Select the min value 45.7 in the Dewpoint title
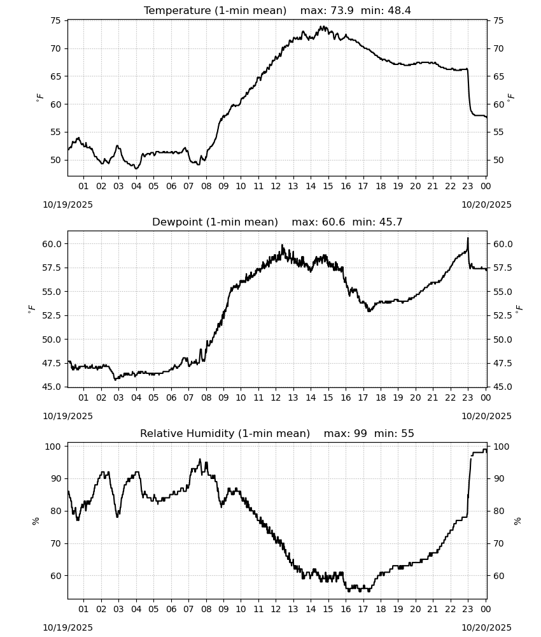(x=391, y=222)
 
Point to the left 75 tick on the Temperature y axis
(x=55, y=21)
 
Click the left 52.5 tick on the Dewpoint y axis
(x=52, y=315)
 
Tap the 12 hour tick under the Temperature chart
(x=276, y=186)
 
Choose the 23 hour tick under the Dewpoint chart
(x=468, y=397)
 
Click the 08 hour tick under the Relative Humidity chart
(x=206, y=609)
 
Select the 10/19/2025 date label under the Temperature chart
(x=67, y=204)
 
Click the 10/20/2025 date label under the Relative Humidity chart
(x=487, y=627)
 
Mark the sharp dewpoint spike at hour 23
(x=468, y=238)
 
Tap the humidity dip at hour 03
(x=118, y=517)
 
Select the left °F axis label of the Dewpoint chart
(x=31, y=310)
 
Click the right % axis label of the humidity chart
(x=517, y=521)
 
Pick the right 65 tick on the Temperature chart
(x=498, y=76)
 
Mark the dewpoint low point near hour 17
(x=369, y=311)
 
